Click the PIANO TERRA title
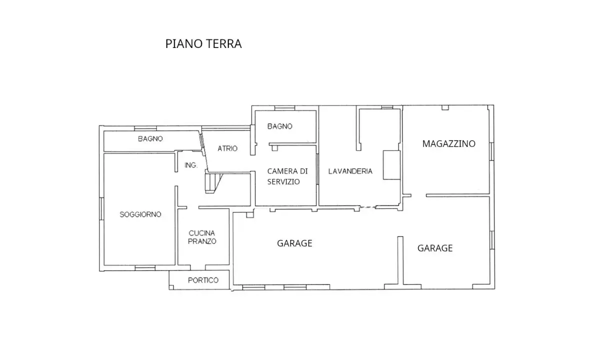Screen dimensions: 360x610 tap(203, 44)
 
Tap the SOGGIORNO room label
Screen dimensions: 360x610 tap(140, 214)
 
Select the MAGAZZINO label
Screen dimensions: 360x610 tap(449, 144)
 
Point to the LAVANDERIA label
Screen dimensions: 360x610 tap(350, 171)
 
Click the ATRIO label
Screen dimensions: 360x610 tap(227, 148)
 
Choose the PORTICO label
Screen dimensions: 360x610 tap(203, 280)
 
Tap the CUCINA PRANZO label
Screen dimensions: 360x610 tap(202, 237)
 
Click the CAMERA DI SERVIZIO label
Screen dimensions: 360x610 tap(287, 176)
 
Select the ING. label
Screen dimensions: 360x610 tap(191, 165)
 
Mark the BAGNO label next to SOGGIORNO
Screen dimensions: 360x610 tap(150, 139)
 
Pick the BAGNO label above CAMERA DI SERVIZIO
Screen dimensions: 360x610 tap(280, 126)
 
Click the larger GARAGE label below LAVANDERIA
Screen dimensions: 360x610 tap(295, 243)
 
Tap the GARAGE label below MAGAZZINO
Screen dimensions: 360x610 tap(435, 248)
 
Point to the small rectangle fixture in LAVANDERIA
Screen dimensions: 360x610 tap(391, 164)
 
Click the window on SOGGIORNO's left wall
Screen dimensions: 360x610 tap(101, 212)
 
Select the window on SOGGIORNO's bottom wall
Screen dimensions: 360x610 tap(145, 267)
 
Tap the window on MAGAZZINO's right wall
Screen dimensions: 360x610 tap(492, 150)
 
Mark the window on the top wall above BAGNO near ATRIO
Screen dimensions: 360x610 tap(285, 107)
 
